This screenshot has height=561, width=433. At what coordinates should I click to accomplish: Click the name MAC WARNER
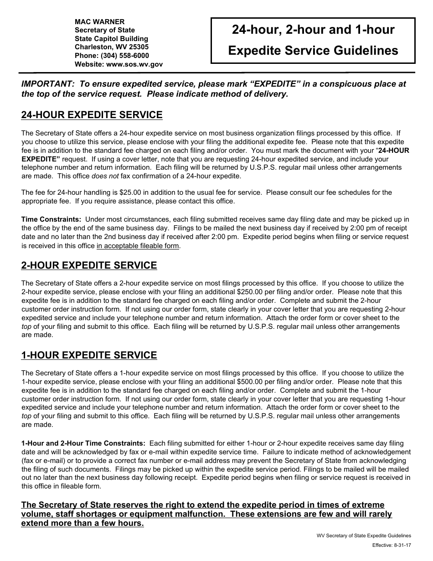point(99,21)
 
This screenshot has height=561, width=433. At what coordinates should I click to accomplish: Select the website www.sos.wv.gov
point(134,64)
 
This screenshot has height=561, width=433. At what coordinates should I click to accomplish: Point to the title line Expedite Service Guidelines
point(313,50)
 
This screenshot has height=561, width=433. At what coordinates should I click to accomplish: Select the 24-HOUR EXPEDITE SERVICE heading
point(92,115)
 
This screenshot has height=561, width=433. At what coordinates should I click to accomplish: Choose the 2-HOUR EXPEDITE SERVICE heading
point(89,265)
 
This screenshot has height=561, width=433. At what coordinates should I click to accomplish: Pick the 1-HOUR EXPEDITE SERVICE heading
point(89,355)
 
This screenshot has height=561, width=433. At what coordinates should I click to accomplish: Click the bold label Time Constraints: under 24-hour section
point(51,219)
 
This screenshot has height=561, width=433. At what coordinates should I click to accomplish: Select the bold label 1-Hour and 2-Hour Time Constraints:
point(83,443)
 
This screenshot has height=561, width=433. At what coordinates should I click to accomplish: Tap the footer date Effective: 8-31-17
point(391,545)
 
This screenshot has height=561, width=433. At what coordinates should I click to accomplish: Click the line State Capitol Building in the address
point(111,39)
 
